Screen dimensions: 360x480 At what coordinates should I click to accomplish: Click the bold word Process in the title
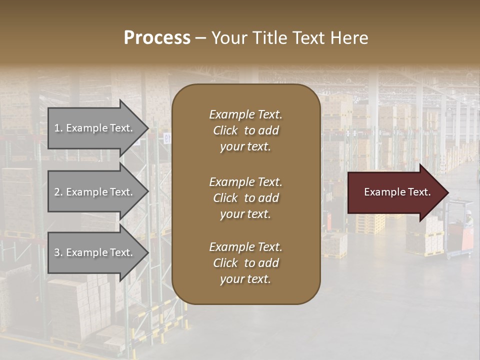[x=157, y=38]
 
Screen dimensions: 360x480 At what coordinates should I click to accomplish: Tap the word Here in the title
[x=351, y=38]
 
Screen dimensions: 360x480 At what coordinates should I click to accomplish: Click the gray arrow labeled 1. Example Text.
[x=95, y=128]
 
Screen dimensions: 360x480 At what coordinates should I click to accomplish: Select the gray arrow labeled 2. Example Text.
[x=95, y=192]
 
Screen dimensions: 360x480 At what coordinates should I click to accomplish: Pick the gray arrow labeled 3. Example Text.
[x=95, y=252]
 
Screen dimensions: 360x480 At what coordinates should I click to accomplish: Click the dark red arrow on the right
[x=395, y=192]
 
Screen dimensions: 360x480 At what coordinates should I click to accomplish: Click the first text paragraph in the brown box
[x=245, y=130]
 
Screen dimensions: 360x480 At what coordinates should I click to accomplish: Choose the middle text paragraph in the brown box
[x=245, y=198]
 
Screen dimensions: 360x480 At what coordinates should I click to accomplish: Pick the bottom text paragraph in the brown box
[x=245, y=263]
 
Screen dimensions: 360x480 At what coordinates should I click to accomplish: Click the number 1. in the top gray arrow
[x=58, y=128]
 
